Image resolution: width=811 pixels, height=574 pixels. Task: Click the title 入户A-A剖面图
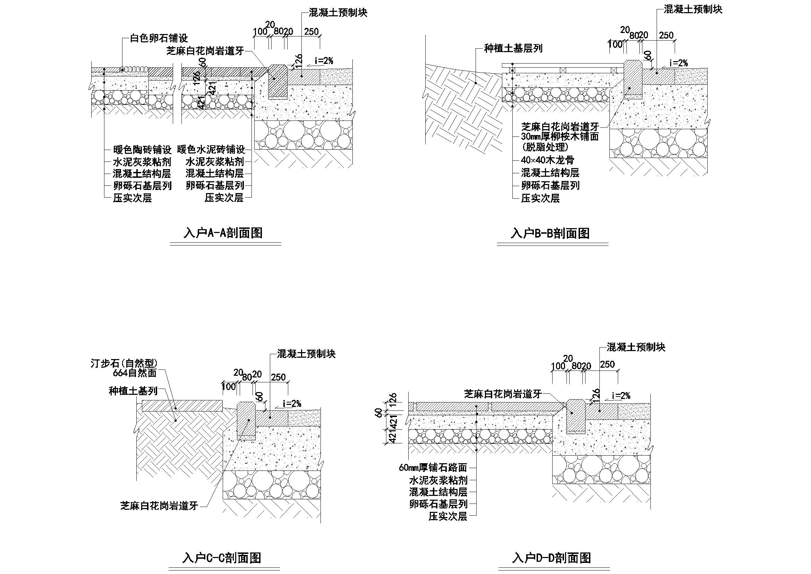click(x=223, y=233)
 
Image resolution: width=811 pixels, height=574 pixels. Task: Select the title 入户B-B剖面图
click(x=550, y=233)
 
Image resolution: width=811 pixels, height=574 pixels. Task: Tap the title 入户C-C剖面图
click(x=221, y=558)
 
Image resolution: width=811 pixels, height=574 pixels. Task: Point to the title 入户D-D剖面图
click(x=552, y=558)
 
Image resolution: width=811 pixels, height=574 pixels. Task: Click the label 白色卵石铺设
click(x=159, y=38)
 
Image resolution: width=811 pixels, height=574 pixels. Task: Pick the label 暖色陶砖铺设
click(x=142, y=150)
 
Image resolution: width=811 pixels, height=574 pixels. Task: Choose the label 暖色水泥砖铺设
click(x=211, y=150)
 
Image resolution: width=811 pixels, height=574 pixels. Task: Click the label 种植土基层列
click(x=513, y=49)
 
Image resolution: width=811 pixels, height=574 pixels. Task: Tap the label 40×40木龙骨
click(x=547, y=160)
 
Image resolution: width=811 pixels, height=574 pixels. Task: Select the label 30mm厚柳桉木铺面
click(x=560, y=136)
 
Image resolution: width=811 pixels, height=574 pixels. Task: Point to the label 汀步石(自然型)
click(x=123, y=363)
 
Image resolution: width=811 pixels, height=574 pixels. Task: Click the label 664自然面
click(x=135, y=373)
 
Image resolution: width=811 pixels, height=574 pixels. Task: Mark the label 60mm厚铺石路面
click(x=433, y=467)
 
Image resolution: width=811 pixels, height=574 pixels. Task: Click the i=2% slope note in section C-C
click(x=292, y=404)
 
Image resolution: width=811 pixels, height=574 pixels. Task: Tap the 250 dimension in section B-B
click(x=666, y=35)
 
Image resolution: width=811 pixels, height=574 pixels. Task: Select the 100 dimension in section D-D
click(x=558, y=366)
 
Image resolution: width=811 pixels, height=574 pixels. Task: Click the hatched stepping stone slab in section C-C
click(x=182, y=406)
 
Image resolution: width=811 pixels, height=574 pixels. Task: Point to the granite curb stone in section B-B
click(x=633, y=80)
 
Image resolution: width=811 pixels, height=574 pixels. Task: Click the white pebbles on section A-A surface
click(x=134, y=69)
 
